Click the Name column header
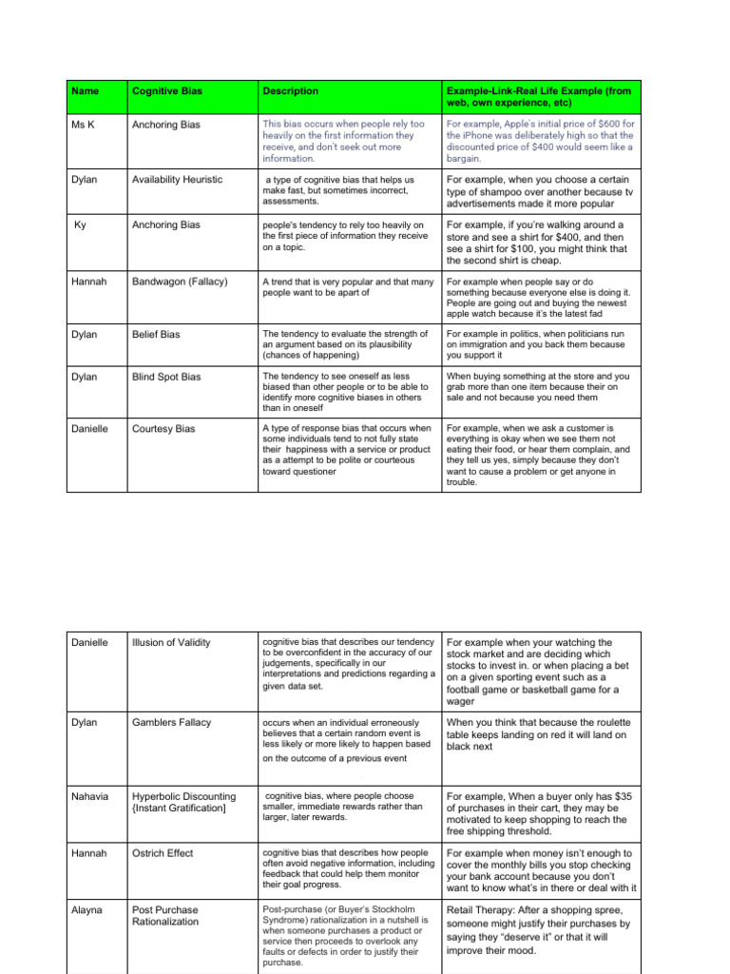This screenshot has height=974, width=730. (85, 91)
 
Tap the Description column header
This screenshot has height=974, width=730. (291, 91)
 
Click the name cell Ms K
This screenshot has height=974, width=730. (84, 125)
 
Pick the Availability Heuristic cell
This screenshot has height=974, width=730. (177, 180)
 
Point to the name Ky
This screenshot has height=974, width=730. (81, 225)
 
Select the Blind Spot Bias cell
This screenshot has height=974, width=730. (166, 378)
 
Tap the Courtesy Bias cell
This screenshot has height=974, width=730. (163, 429)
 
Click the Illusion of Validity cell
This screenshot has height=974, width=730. (171, 643)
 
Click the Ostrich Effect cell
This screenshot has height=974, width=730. (163, 853)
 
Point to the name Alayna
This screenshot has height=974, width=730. (88, 909)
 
